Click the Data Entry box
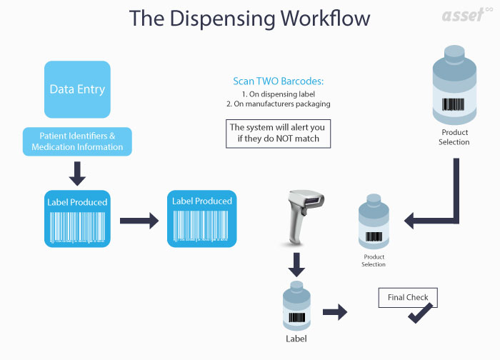[x=77, y=89]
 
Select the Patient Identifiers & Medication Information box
[x=77, y=141]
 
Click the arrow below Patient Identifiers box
[x=77, y=173]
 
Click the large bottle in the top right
[x=454, y=85]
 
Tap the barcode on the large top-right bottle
[x=453, y=105]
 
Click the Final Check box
[x=406, y=297]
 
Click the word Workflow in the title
[x=311, y=18]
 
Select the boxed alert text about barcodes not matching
[x=278, y=133]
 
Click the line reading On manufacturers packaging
[x=278, y=104]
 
